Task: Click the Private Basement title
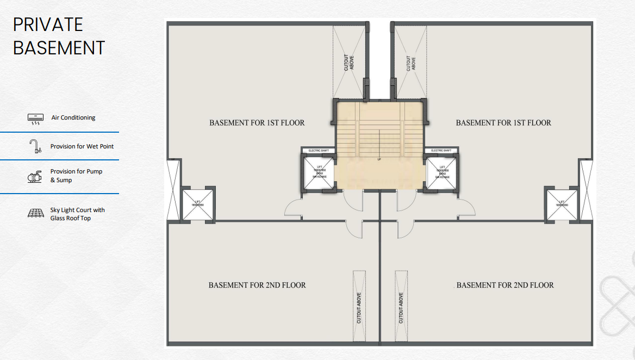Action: coord(59,36)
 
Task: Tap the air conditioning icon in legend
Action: coord(35,119)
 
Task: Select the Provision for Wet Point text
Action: coord(82,146)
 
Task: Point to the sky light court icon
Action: coord(35,214)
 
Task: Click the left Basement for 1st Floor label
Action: coord(257,123)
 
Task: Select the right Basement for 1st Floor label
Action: coord(503,123)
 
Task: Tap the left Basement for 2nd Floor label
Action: coord(257,285)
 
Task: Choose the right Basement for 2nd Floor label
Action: coord(505,285)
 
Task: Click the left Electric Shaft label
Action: coord(319,150)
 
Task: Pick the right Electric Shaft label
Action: coord(441,150)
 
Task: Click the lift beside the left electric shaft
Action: coord(319,172)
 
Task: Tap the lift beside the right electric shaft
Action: coord(441,172)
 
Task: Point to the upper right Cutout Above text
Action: coord(411,63)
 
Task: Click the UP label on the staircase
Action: coord(379,159)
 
